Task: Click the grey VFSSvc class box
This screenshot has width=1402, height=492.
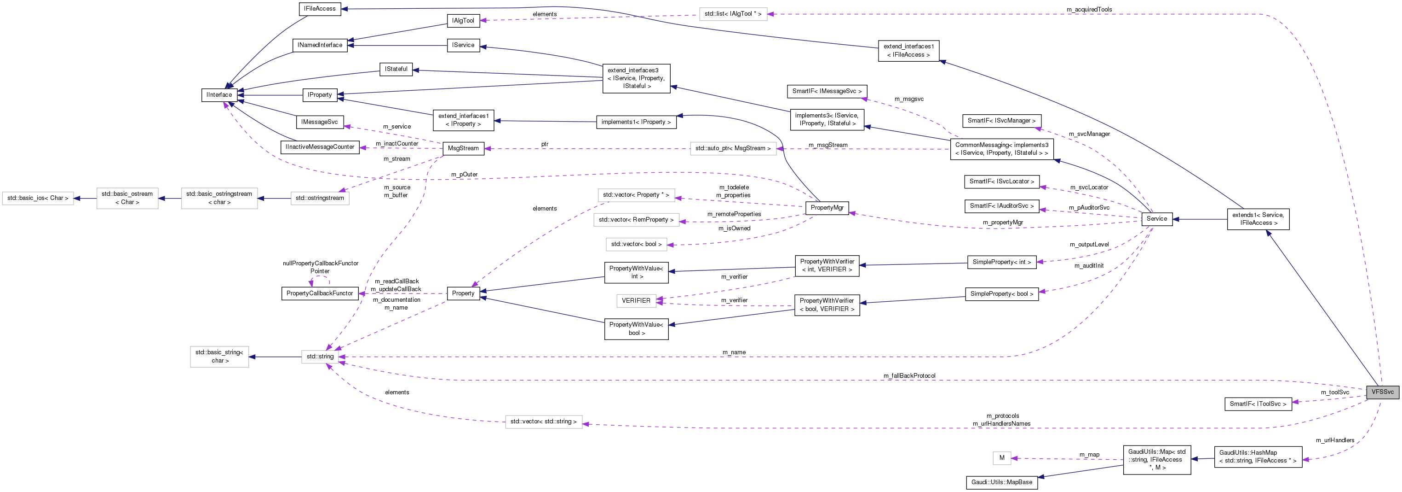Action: coord(1382,392)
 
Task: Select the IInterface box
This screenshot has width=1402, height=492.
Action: coord(219,95)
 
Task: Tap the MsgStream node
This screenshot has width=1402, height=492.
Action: coord(463,148)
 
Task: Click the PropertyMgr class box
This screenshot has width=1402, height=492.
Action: coord(826,208)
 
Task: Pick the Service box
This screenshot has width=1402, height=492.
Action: coord(1156,218)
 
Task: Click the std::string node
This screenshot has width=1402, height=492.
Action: coord(320,357)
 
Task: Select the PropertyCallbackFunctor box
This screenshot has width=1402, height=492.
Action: coord(320,293)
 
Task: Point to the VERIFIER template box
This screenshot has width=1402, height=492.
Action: coord(635,301)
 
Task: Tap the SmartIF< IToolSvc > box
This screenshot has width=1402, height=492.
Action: coord(1257,404)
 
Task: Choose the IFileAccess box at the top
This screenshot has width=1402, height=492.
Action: coord(320,9)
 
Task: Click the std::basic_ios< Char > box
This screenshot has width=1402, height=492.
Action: coord(38,199)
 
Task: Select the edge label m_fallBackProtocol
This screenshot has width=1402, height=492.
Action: coord(909,375)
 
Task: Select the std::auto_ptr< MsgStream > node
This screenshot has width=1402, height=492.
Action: coord(733,148)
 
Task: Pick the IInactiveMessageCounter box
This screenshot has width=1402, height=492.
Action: coord(320,147)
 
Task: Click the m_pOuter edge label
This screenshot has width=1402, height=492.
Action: coord(464,174)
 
